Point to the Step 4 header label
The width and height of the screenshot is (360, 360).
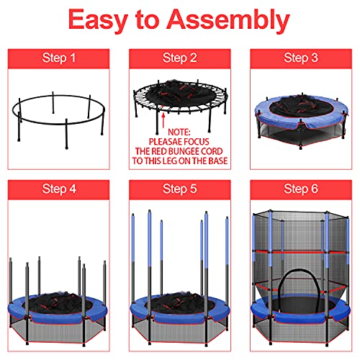(59, 189)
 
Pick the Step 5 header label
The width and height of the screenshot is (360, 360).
(179, 189)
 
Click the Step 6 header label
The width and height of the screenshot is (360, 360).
(300, 189)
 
